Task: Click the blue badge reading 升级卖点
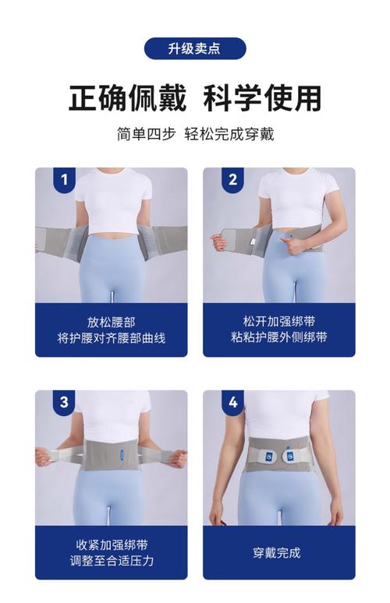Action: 195,48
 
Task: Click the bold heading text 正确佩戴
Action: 127,98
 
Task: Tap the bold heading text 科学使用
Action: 263,98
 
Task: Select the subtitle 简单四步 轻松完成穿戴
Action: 195,134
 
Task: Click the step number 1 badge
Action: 64,179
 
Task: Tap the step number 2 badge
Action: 232,179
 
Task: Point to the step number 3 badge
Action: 64,402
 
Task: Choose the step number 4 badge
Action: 232,402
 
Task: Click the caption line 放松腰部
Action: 112,322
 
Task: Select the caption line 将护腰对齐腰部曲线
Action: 112,338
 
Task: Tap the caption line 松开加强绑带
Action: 279,321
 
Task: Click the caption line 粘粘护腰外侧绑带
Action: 279,337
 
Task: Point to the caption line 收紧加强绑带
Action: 112,545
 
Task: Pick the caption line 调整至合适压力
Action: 112,561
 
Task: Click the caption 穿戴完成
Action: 276,553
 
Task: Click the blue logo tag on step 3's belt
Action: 122,453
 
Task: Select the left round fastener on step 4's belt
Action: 270,456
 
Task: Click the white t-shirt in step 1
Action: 113,200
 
